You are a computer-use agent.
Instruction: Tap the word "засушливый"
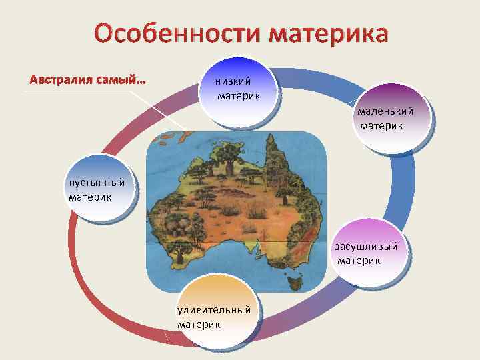coord(368,247)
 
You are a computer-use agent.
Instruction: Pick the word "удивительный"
coord(214,309)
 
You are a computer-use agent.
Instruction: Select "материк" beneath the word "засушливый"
coord(359,260)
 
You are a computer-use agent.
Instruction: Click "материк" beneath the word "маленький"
coord(381,125)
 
